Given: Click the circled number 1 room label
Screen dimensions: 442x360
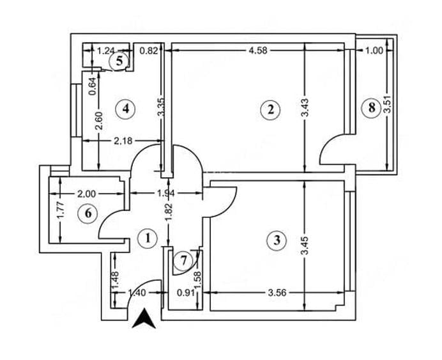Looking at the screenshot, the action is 147,239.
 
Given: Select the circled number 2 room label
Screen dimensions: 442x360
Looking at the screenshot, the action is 270,110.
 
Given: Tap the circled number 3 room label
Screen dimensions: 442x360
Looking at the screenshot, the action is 277,240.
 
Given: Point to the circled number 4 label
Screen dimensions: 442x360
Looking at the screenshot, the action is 125,108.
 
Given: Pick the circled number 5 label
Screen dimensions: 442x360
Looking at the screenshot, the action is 119,61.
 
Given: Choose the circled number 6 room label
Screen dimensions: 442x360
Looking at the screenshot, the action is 88,214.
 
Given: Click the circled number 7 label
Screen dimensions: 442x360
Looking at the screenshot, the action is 183,260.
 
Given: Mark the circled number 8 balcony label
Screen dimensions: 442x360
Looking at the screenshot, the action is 372,107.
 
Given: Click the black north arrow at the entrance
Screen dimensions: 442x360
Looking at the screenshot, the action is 144,318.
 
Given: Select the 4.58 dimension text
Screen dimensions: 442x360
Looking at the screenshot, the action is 258,51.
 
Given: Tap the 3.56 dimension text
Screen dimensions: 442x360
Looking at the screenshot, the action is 277,293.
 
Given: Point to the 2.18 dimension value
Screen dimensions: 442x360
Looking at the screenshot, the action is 123,141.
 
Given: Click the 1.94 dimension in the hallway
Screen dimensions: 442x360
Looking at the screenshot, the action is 166,193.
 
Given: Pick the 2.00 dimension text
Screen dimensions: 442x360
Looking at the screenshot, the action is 86,194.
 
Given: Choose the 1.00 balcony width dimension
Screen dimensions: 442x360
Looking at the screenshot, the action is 374,51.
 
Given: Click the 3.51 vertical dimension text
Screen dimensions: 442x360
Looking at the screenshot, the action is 388,104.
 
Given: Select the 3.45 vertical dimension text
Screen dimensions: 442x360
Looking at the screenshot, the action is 306,246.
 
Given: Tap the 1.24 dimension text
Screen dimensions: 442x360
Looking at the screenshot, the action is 105,51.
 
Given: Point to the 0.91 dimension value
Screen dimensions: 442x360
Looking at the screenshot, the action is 186,293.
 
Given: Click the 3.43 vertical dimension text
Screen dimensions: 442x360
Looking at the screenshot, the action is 305,107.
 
